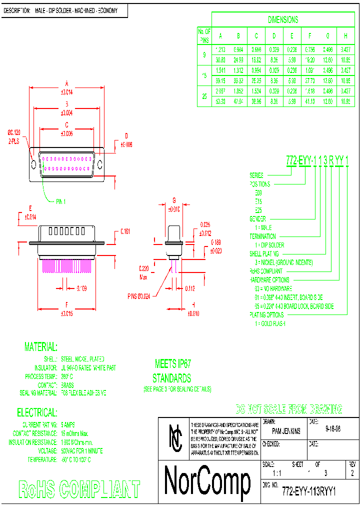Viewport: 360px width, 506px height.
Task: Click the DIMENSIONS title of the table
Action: pyautogui.click(x=283, y=20)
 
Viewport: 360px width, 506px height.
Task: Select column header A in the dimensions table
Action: pyautogui.click(x=220, y=36)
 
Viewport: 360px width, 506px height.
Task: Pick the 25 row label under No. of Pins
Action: pyautogui.click(x=204, y=97)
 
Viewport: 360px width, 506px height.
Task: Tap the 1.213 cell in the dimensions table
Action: pyautogui.click(x=220, y=49)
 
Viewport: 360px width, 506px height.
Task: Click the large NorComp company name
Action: pyautogui.click(x=207, y=480)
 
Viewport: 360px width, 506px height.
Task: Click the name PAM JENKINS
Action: pyautogui.click(x=286, y=431)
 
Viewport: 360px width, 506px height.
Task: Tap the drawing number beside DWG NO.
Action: pyautogui.click(x=308, y=491)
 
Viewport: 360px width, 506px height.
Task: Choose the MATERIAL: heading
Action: pyautogui.click(x=41, y=347)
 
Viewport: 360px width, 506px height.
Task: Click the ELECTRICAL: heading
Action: pyautogui.click(x=37, y=412)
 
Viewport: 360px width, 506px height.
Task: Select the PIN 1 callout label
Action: pyautogui.click(x=60, y=201)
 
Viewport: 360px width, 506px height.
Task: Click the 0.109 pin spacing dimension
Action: pyautogui.click(x=82, y=288)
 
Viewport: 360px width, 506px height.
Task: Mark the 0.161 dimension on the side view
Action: pyautogui.click(x=125, y=231)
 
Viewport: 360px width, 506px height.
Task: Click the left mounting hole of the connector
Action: pyautogui.click(x=34, y=164)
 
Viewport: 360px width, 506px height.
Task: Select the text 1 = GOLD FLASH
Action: pyautogui.click(x=270, y=323)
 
